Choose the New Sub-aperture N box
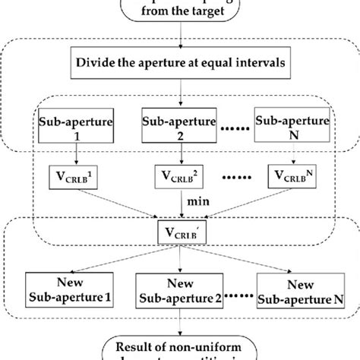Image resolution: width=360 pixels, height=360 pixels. tap(297, 288)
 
